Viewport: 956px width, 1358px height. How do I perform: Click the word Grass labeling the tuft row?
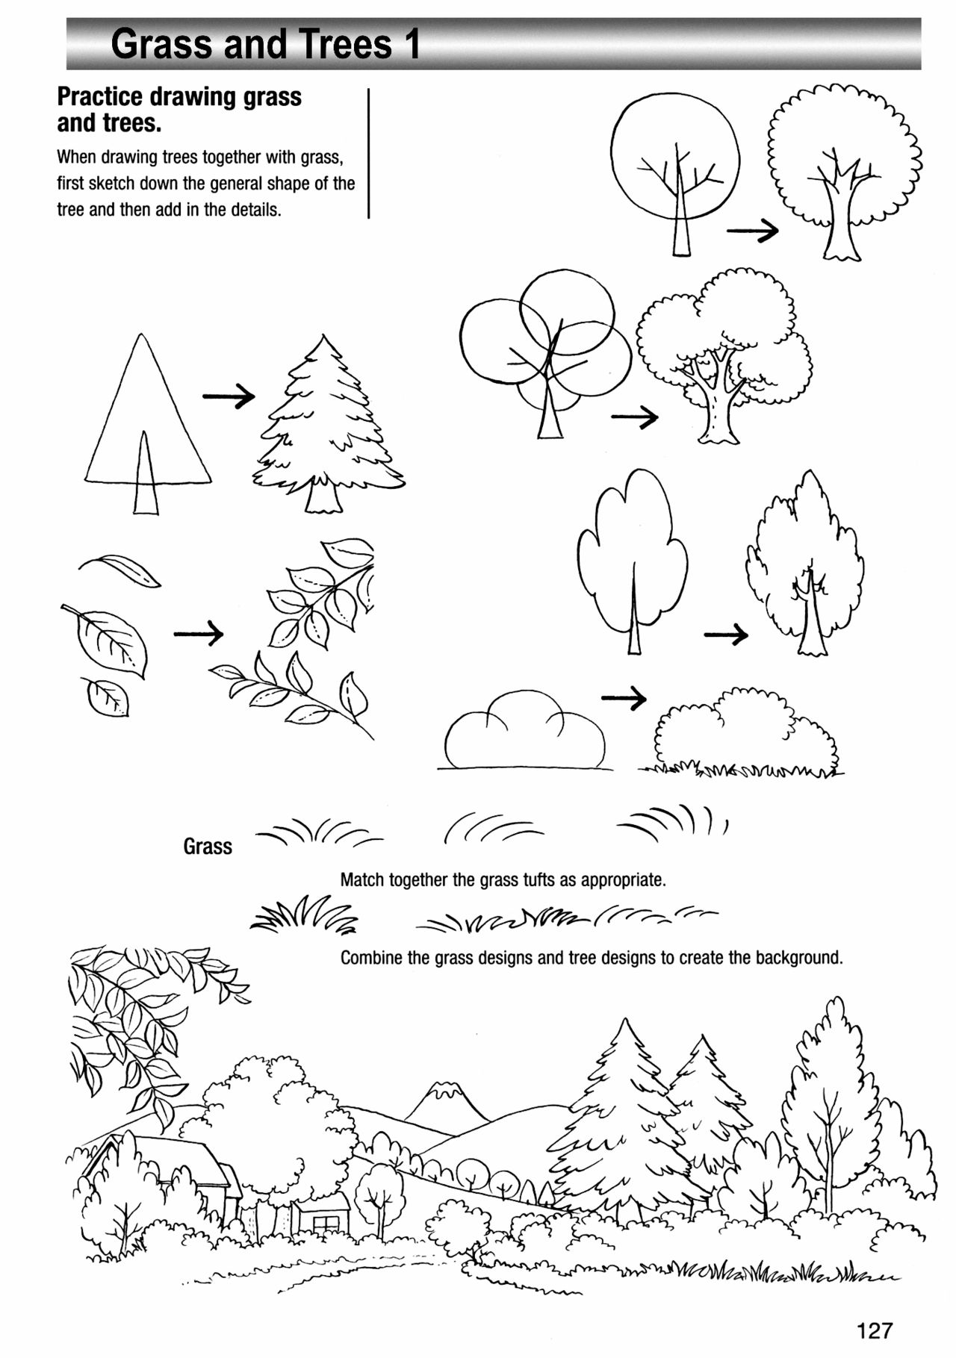pyautogui.click(x=208, y=847)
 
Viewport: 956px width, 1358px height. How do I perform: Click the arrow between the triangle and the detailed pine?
pyautogui.click(x=229, y=396)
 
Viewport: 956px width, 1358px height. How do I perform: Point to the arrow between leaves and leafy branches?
pyautogui.click(x=199, y=634)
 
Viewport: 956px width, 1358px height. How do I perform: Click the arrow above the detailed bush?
pyautogui.click(x=624, y=698)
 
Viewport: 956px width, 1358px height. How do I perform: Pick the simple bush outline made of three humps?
pyautogui.click(x=524, y=734)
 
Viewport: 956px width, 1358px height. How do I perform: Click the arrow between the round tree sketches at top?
pyautogui.click(x=752, y=232)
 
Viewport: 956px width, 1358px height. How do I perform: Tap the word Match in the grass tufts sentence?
pyautogui.click(x=363, y=880)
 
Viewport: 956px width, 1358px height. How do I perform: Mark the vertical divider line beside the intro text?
pyautogui.click(x=369, y=153)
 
